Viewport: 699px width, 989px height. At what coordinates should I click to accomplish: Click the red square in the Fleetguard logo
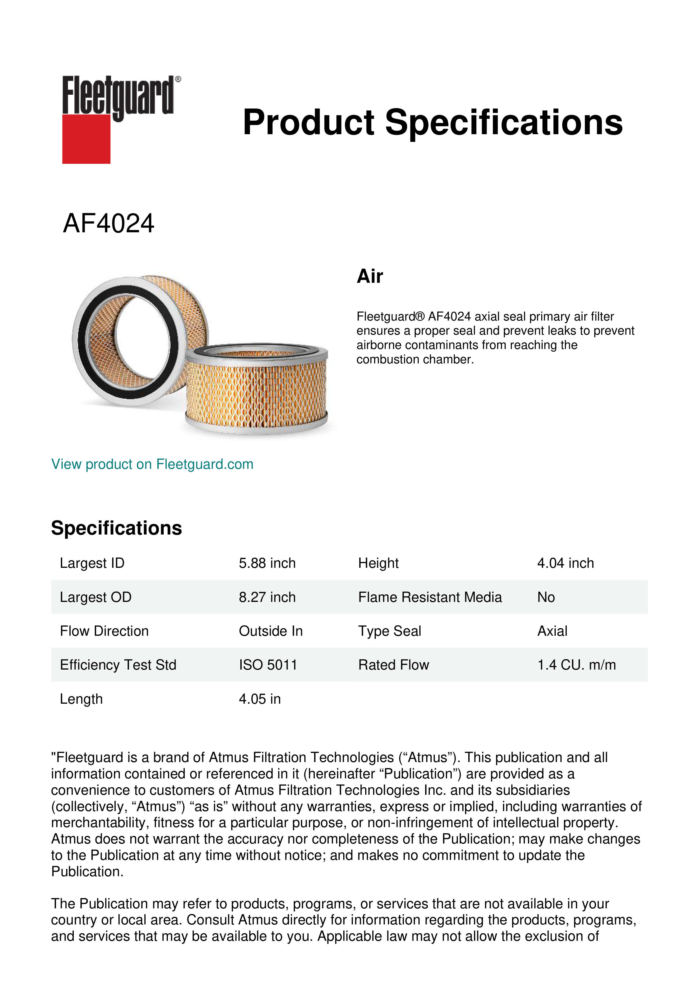click(x=86, y=139)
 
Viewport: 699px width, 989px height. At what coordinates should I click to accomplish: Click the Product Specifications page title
click(x=432, y=122)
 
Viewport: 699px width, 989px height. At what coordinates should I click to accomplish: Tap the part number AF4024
click(x=108, y=224)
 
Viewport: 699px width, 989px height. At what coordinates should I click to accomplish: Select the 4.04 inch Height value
click(x=565, y=563)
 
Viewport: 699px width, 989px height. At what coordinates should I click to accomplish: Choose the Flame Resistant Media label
click(x=430, y=597)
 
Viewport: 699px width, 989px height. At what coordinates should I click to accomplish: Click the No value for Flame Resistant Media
click(x=546, y=597)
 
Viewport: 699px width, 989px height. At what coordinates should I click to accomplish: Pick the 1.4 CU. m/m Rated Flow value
click(x=576, y=665)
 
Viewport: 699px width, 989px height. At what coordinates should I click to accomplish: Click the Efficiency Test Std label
click(x=118, y=665)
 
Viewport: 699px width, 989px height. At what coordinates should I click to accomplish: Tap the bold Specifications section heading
click(x=116, y=528)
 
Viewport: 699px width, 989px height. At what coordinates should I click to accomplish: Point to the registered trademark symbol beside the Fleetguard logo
click(x=178, y=79)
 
